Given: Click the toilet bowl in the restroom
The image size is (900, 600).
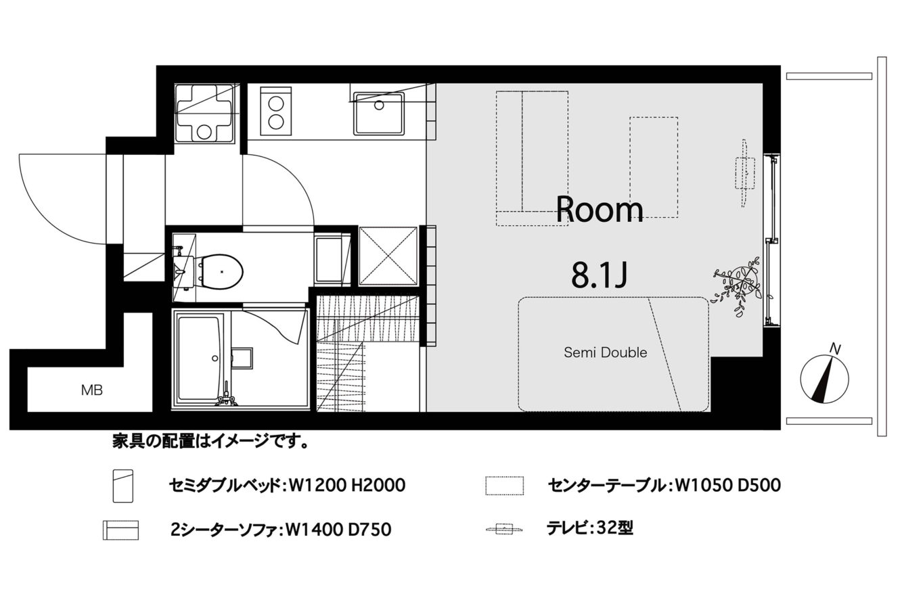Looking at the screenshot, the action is coord(222,271).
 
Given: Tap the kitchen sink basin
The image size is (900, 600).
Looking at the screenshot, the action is coord(378,114).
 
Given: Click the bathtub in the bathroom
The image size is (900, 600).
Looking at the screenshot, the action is coord(200,359).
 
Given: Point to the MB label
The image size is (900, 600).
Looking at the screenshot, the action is coord(92,390).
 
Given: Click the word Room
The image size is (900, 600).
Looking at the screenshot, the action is coord(600,210).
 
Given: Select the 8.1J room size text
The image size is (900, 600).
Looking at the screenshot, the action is coord(599,275).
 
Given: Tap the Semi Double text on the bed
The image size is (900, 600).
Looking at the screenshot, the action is coord(606,352).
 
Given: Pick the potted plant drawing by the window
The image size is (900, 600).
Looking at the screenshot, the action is coord(738,286).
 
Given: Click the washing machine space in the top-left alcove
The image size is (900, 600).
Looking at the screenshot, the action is coord(204,113).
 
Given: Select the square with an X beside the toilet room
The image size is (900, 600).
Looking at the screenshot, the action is coord(388,256).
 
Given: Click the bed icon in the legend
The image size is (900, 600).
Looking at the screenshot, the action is coord(123,486).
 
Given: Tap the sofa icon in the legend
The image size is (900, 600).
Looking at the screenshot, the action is coord(121,530).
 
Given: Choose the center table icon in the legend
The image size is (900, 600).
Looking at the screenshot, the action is coord(505,486).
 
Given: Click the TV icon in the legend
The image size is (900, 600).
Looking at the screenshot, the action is coord(504,529).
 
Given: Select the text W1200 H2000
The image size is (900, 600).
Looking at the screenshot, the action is coord(347,486).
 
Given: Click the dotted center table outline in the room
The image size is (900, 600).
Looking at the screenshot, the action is coord(654,167).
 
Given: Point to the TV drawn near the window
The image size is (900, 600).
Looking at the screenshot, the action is coord(744,173).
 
